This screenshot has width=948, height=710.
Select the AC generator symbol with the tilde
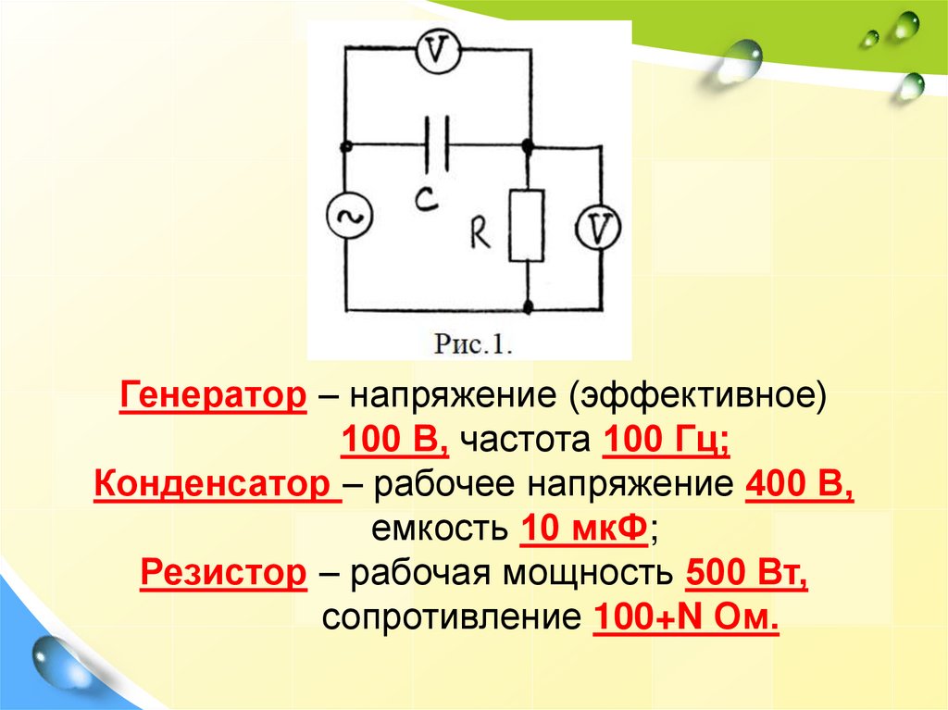(348, 218)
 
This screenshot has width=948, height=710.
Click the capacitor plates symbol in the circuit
(436, 144)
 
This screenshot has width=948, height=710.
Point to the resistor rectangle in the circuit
(526, 226)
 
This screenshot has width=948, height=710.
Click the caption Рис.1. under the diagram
(473, 345)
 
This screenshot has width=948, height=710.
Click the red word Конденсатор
(218, 483)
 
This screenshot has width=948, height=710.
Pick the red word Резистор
(223, 574)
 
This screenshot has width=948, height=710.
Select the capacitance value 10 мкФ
(582, 529)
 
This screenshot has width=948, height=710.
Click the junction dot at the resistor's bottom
(527, 305)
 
